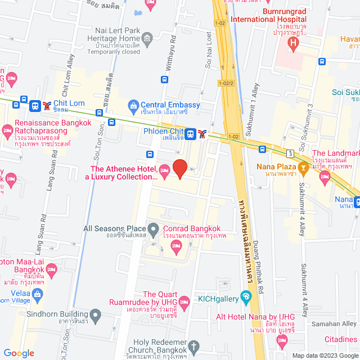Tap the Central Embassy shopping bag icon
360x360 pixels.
point(133,105)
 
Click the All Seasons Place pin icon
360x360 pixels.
point(153,228)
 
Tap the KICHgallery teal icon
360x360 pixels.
point(246,296)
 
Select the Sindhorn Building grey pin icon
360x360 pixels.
point(95,314)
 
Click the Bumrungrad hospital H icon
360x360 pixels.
point(292,45)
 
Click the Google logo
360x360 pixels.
point(19,353)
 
